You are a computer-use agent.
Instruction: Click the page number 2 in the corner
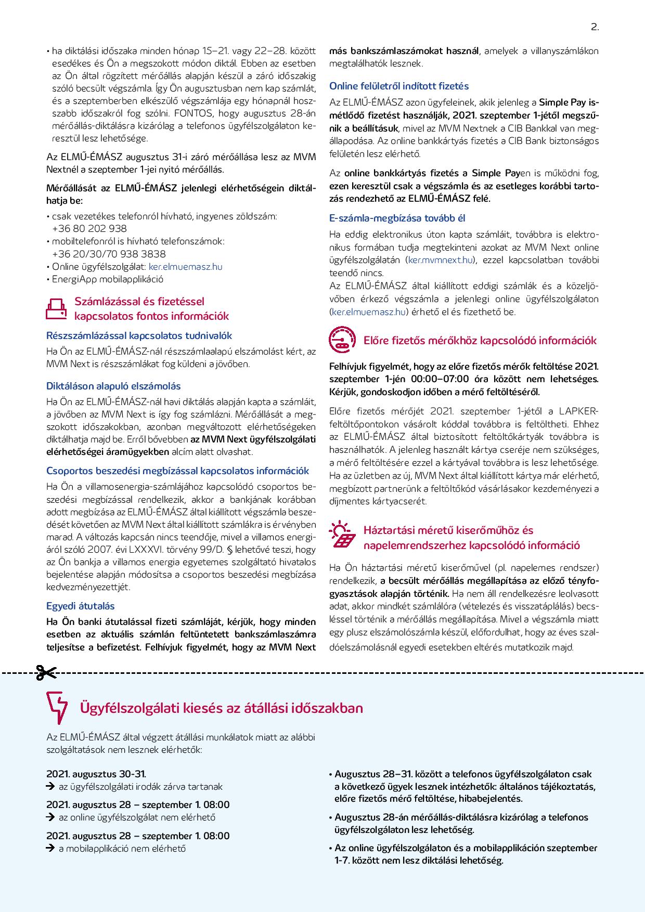(595, 28)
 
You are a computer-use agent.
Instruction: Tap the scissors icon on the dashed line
(45, 673)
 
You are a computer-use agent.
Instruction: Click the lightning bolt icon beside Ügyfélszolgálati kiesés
(57, 708)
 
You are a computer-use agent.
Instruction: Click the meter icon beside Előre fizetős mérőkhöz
(342, 340)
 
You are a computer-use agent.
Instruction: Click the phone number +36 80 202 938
(89, 228)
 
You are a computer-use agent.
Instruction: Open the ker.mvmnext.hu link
(440, 260)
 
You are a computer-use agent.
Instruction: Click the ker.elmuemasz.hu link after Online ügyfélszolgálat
(186, 267)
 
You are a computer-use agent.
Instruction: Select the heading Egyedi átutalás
(81, 606)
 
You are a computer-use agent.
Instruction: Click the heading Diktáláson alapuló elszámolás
(113, 386)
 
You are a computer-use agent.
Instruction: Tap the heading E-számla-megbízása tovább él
(401, 218)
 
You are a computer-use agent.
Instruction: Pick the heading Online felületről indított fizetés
(399, 86)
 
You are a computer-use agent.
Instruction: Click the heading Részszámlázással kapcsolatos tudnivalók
(139, 335)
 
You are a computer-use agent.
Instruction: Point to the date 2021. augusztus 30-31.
(96, 774)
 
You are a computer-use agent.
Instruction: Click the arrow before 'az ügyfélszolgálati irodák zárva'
(50, 787)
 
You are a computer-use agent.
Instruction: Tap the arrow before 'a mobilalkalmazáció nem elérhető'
(50, 849)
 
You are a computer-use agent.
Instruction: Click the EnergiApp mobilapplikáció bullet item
(108, 279)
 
